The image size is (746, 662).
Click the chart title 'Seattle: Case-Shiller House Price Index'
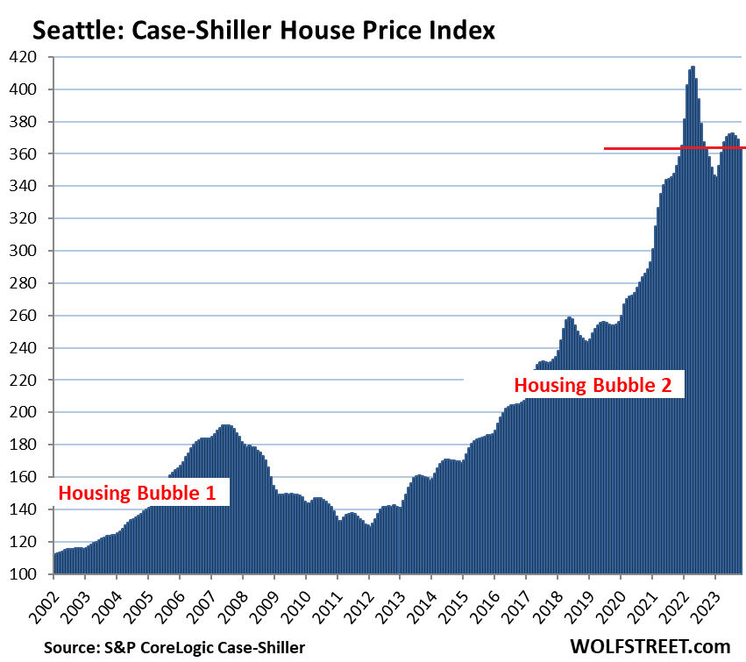(263, 31)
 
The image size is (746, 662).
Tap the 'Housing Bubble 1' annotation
(137, 492)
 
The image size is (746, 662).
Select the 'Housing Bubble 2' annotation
(593, 384)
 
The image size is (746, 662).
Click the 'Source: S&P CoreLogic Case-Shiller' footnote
(163, 646)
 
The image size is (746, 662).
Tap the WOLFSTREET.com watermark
(650, 646)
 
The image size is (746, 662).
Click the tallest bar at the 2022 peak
(693, 68)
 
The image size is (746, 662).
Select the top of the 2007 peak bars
(226, 427)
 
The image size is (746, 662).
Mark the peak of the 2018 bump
(570, 319)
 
